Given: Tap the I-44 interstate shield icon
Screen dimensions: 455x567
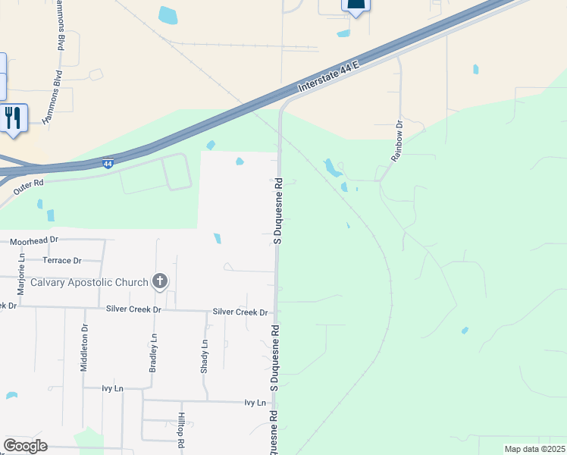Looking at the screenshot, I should pos(108,163).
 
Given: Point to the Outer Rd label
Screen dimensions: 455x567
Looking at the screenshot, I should pos(28,184).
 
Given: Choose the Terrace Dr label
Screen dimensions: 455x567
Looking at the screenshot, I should pos(61,260).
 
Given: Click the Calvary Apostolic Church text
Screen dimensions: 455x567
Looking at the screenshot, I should pos(89,282).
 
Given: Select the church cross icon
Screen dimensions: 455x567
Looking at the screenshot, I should pos(159,282).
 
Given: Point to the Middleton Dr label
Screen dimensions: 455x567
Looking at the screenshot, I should pos(84,348).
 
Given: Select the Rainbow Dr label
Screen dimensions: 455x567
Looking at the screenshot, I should pos(397,140).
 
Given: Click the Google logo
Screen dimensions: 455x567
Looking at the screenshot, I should pos(25,446).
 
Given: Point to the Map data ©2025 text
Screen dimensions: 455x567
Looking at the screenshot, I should pos(534,449).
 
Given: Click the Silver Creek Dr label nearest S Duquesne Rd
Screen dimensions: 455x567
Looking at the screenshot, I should pos(240,312).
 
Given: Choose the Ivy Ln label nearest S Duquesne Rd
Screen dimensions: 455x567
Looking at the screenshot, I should pos(255,403).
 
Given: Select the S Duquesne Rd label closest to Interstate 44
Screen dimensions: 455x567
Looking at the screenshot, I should pos(277,211).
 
